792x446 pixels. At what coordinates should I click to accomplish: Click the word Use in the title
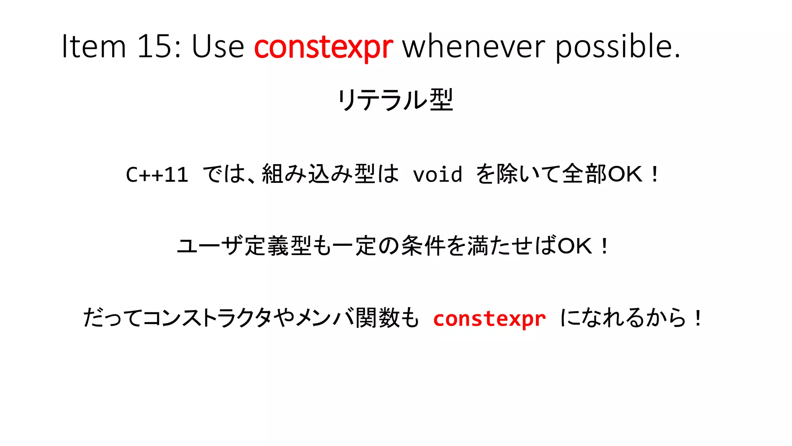(x=218, y=46)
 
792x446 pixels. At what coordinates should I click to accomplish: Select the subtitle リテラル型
(x=395, y=100)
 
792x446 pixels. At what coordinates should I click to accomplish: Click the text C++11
(x=157, y=174)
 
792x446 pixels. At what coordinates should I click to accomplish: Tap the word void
(x=437, y=174)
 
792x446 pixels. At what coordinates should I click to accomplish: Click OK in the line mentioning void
(x=625, y=174)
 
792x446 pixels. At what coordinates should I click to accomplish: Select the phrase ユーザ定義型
(x=244, y=246)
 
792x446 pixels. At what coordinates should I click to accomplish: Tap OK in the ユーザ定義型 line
(x=575, y=246)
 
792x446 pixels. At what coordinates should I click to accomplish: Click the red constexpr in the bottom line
(x=489, y=319)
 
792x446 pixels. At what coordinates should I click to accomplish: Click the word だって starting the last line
(x=112, y=318)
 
